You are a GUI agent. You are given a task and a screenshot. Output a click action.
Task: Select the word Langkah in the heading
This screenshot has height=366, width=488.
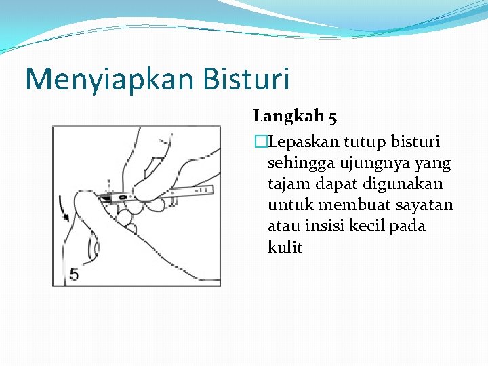pyautogui.click(x=288, y=117)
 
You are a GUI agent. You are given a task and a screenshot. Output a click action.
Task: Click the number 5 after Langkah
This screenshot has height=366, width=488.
pyautogui.click(x=332, y=117)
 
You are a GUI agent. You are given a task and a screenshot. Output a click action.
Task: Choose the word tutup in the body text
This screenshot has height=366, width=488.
pyautogui.click(x=363, y=142)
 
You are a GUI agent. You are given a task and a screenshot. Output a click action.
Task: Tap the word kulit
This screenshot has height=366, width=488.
pyautogui.click(x=285, y=247)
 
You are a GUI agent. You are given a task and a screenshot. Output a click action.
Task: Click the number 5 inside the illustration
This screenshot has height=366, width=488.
pyautogui.click(x=74, y=273)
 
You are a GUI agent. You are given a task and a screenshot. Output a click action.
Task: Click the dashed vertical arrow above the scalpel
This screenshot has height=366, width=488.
pyautogui.click(x=108, y=184)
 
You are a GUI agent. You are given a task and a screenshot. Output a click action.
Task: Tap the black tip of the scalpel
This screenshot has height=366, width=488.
pyautogui.click(x=106, y=197)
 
